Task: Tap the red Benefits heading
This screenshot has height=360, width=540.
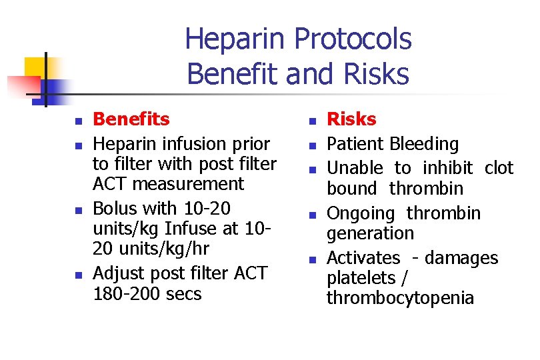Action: pyautogui.click(x=131, y=119)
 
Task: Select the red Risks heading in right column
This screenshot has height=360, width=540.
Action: pyautogui.click(x=351, y=119)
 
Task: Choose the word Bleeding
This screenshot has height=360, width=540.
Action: pyautogui.click(x=425, y=144)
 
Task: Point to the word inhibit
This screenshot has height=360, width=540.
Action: pyautogui.click(x=448, y=168)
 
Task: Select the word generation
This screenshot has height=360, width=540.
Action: pyautogui.click(x=370, y=233)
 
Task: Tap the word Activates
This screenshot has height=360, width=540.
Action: pyautogui.click(x=363, y=258)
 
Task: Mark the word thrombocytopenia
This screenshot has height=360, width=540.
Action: pyautogui.click(x=400, y=298)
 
